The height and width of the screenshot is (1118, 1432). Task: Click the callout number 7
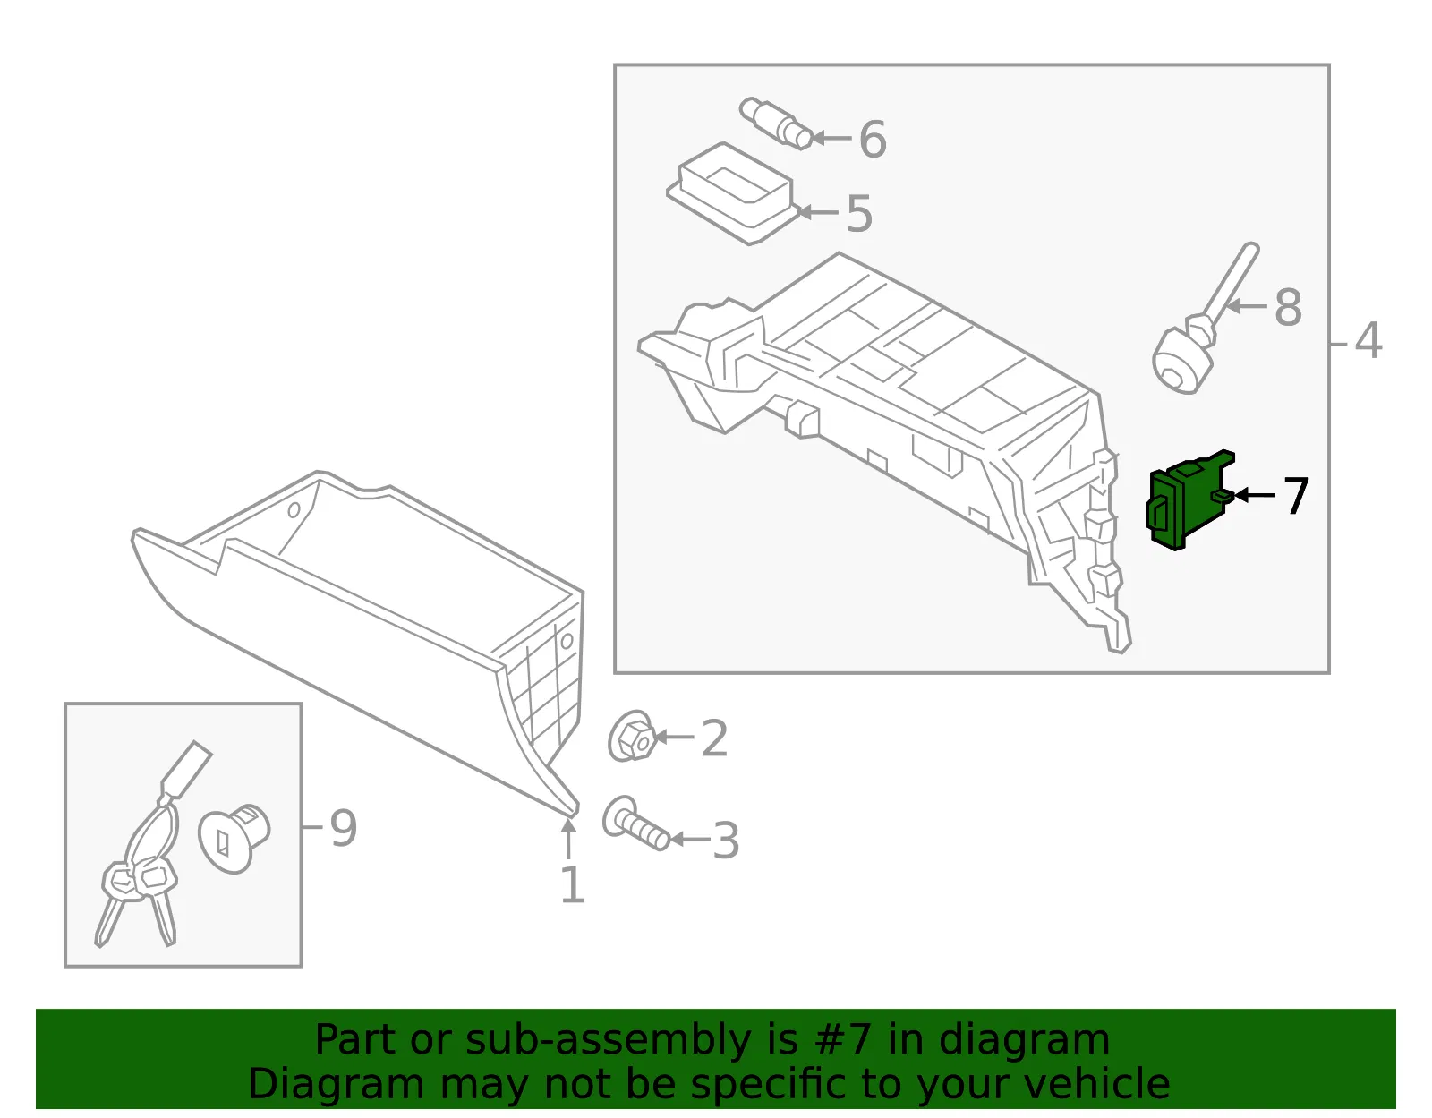(x=1295, y=496)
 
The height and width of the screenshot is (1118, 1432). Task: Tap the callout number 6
(x=873, y=139)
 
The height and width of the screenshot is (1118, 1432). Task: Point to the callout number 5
(x=859, y=213)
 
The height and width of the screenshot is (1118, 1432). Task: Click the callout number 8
(x=1288, y=308)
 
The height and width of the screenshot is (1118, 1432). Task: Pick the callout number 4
(x=1368, y=341)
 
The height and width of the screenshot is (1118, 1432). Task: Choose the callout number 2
(x=715, y=738)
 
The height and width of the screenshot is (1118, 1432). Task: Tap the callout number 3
(x=726, y=840)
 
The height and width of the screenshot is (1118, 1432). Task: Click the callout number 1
(x=572, y=884)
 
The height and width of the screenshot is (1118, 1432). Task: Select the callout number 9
(x=344, y=828)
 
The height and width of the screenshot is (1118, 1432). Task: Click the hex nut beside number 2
(x=632, y=737)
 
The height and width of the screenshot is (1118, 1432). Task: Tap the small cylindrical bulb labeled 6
(x=776, y=124)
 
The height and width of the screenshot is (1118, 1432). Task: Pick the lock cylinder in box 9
(x=234, y=838)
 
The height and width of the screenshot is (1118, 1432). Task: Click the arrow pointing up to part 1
(x=568, y=837)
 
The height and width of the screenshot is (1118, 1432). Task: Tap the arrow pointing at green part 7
(x=1254, y=495)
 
